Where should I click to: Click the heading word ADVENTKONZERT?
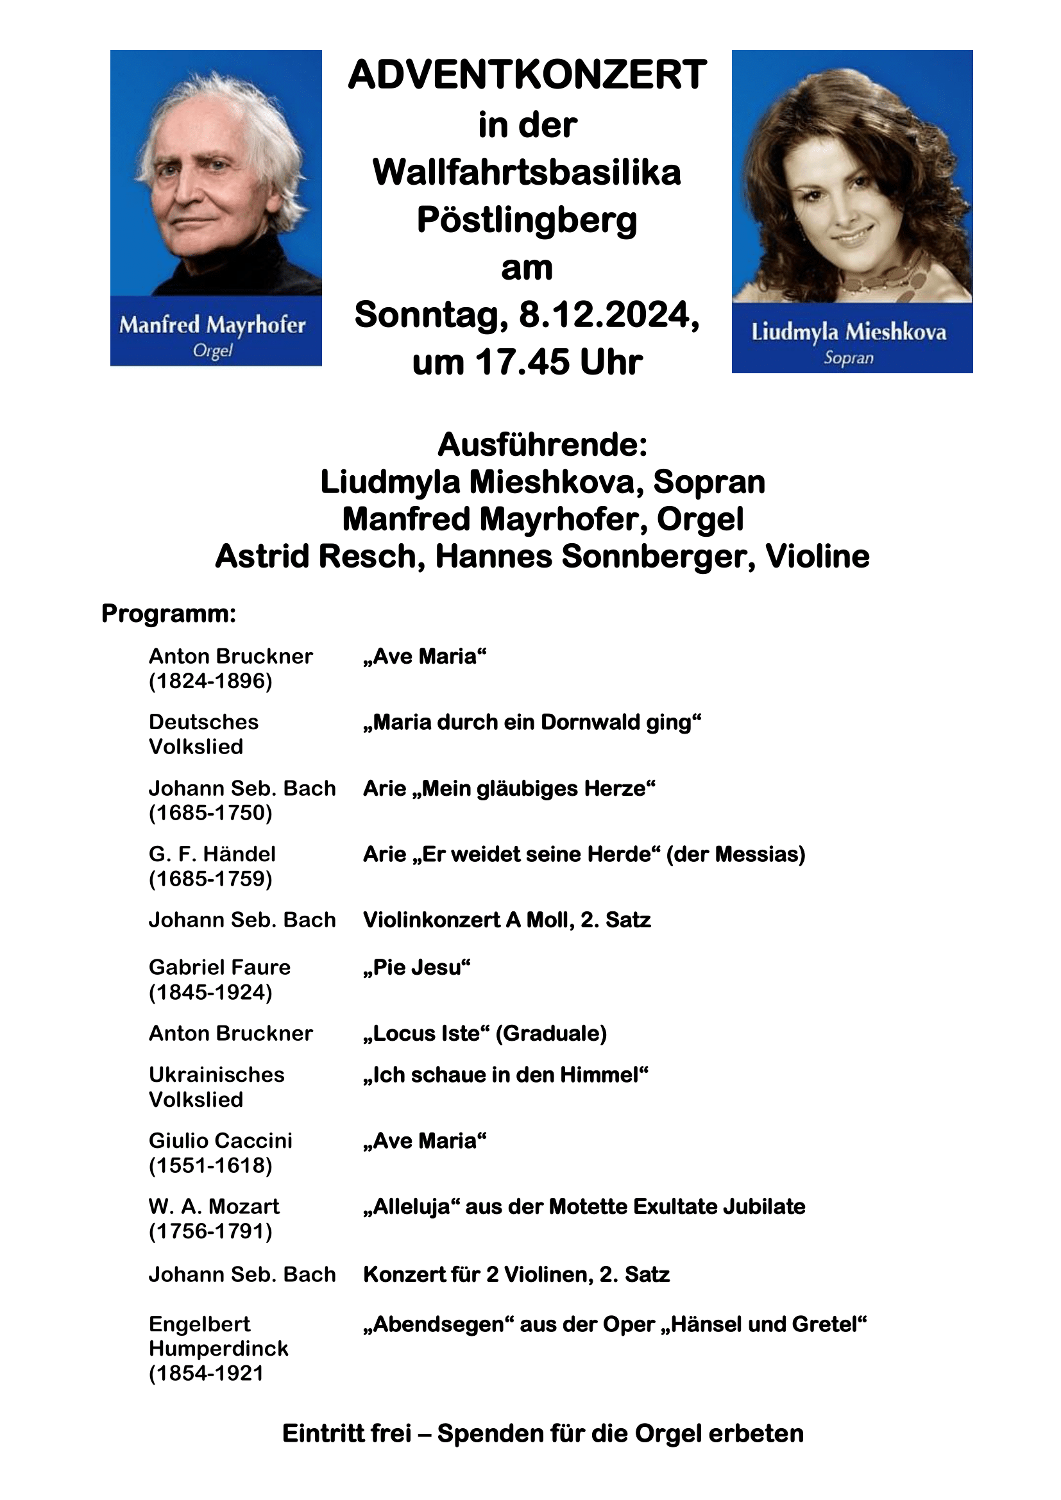pyautogui.click(x=527, y=74)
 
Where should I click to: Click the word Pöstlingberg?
pyautogui.click(x=527, y=220)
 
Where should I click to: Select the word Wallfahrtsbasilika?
pyautogui.click(x=527, y=173)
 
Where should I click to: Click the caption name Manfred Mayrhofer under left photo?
pyautogui.click(x=212, y=324)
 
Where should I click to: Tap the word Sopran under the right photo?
pyautogui.click(x=848, y=358)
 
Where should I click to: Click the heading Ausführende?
pyautogui.click(x=542, y=445)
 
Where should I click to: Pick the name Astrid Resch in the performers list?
pyautogui.click(x=316, y=557)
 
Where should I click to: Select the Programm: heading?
pyautogui.click(x=169, y=614)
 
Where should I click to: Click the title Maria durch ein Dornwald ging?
pyautogui.click(x=532, y=722)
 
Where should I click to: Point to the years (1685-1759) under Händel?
pyautogui.click(x=210, y=879)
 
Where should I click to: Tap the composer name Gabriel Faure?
pyautogui.click(x=219, y=967)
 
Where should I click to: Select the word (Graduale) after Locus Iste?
pyautogui.click(x=552, y=1033)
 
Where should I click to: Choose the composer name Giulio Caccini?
pyautogui.click(x=220, y=1140)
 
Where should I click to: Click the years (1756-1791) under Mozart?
pyautogui.click(x=210, y=1231)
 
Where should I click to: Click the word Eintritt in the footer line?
pyautogui.click(x=346, y=1433)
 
